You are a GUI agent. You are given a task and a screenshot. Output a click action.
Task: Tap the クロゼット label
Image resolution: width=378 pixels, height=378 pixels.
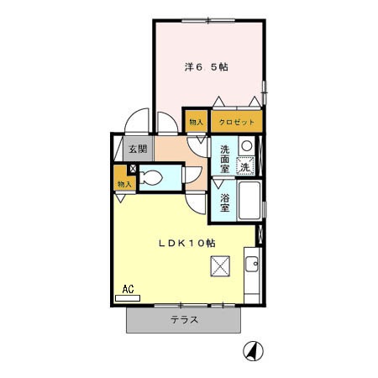(x=237, y=122)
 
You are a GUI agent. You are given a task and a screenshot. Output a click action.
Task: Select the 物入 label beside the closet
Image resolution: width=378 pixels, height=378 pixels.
(x=196, y=122)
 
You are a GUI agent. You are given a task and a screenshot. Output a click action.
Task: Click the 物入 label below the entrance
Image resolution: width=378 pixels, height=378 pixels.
(x=124, y=183)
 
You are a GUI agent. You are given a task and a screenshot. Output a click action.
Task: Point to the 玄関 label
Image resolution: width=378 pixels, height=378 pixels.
(x=138, y=149)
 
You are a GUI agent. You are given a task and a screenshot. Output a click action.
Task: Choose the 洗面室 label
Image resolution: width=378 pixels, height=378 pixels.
(x=225, y=158)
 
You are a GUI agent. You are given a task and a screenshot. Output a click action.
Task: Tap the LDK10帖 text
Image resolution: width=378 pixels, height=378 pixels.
(x=188, y=242)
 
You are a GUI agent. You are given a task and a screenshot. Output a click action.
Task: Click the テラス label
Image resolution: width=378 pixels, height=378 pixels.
(x=184, y=319)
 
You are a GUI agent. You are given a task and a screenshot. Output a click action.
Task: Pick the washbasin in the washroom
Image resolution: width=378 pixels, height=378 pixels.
(x=247, y=146)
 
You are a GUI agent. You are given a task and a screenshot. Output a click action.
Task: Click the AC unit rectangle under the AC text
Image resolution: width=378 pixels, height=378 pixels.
(x=128, y=297)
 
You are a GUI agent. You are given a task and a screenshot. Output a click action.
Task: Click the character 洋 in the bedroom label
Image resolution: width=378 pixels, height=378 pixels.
(x=189, y=66)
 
